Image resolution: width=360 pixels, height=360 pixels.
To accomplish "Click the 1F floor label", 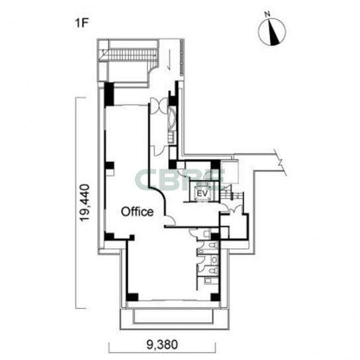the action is pyautogui.click(x=82, y=23).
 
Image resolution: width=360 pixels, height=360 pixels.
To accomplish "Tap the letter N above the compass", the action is pyautogui.click(x=267, y=15).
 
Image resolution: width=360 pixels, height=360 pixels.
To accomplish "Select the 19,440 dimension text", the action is pyautogui.click(x=84, y=202).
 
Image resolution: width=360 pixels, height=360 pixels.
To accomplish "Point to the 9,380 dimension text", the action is pyautogui.click(x=162, y=345).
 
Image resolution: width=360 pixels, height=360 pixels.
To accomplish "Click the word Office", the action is pyautogui.click(x=137, y=212).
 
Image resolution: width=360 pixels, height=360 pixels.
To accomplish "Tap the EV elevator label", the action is pyautogui.click(x=202, y=193).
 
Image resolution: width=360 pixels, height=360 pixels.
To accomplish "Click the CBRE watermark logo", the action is pyautogui.click(x=180, y=179).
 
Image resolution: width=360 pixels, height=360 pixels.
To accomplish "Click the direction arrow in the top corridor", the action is pyautogui.click(x=169, y=60).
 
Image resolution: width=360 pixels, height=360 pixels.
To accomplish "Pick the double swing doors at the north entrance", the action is pyautogui.click(x=159, y=105).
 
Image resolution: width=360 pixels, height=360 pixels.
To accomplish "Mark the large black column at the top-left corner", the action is pyautogui.click(x=109, y=94).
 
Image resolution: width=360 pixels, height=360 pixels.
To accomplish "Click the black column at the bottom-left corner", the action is pyautogui.click(x=132, y=296).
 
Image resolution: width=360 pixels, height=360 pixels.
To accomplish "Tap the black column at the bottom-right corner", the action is pyautogui.click(x=215, y=296).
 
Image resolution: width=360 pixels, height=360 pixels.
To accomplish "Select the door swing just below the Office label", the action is pyautogui.click(x=170, y=220).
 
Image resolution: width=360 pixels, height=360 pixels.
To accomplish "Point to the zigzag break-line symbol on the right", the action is pyautogui.click(x=281, y=162).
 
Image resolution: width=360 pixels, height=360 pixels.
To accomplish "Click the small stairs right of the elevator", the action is pyautogui.click(x=232, y=195).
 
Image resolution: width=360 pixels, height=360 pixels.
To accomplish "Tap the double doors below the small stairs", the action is pyautogui.click(x=234, y=209).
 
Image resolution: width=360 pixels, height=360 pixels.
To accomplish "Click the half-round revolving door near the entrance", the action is pyautogui.click(x=172, y=118).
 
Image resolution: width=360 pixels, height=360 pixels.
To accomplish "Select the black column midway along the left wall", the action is pyautogui.click(x=110, y=165).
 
